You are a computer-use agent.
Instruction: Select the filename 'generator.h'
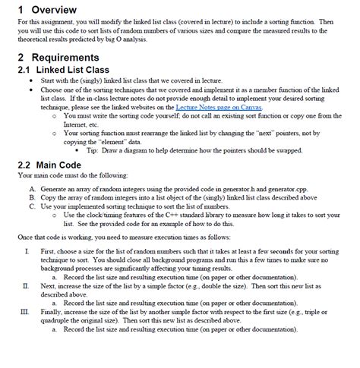(x=261, y=186)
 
